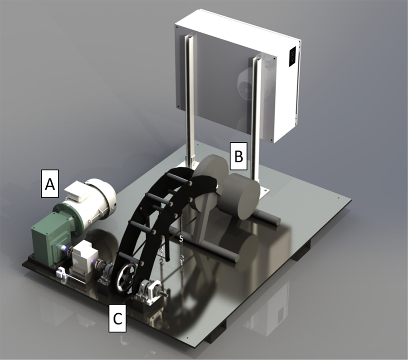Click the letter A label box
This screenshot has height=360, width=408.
click(x=50, y=184)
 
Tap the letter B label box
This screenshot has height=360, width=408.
click(x=238, y=156)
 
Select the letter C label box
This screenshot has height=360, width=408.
click(x=117, y=318)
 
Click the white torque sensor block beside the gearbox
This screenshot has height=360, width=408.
click(x=85, y=258)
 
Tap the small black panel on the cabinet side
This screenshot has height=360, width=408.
click(x=293, y=56)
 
